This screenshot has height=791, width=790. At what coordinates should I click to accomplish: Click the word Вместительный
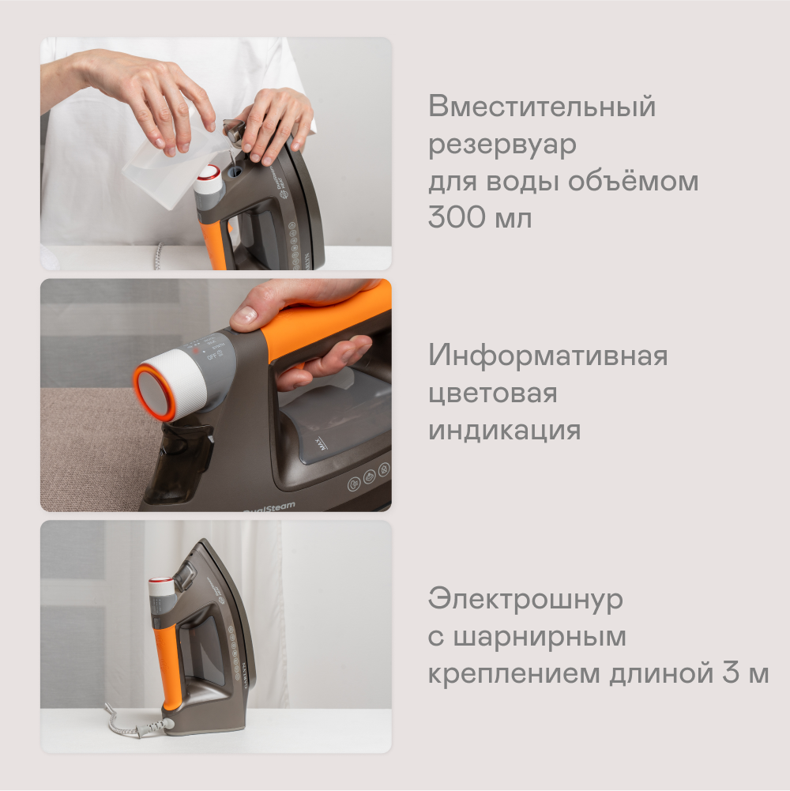coord(542,107)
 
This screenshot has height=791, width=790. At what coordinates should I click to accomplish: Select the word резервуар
coord(502,145)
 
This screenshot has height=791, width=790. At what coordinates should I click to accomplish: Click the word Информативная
coord(547,356)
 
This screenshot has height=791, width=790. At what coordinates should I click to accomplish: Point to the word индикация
coord(504,431)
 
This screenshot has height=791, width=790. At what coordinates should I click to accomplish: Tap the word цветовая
coord(492,394)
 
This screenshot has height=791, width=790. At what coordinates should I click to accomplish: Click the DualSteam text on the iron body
coord(269,507)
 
